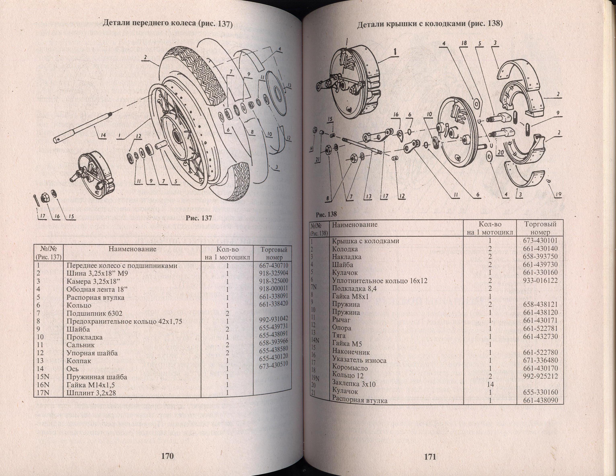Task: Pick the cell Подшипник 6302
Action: click(94, 313)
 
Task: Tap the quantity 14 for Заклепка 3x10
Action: click(490, 384)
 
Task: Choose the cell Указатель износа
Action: click(359, 360)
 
